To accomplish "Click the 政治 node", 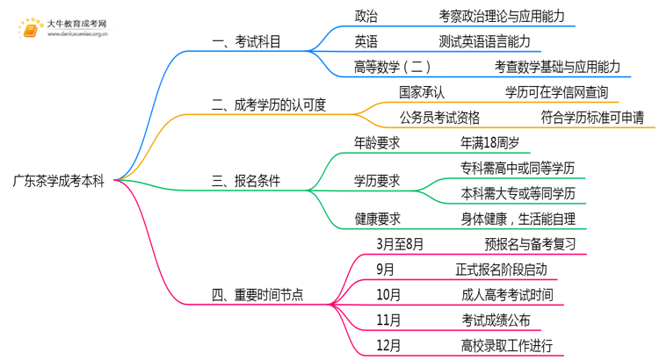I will point(366,16).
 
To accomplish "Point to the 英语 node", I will point(366,41).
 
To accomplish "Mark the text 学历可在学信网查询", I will point(555,91).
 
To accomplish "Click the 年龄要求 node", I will point(377,141).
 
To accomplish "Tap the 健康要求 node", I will point(377,218).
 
